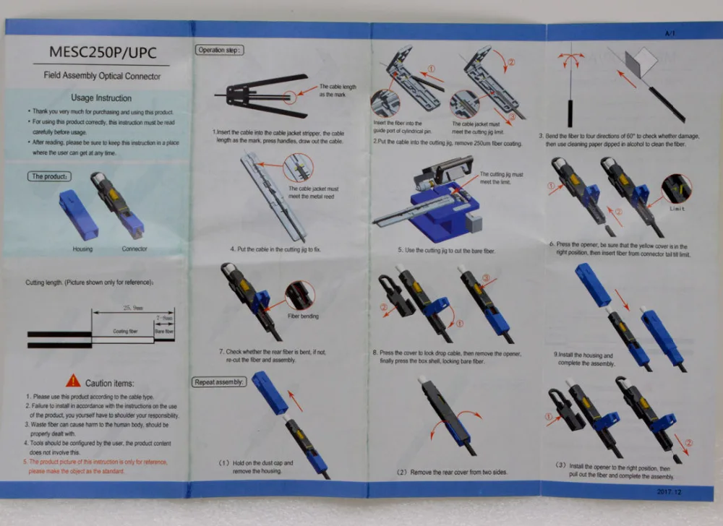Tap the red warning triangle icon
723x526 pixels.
coord(73,380)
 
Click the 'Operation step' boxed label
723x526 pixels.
coord(220,50)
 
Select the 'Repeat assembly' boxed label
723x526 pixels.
coord(220,381)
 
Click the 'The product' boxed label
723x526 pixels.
coord(49,176)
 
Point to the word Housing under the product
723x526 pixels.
coord(82,249)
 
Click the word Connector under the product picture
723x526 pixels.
coord(134,249)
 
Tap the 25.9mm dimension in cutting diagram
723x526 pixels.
coord(131,306)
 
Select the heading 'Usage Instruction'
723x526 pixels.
coord(101,98)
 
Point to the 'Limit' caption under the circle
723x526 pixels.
coord(677,209)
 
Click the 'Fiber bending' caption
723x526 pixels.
coord(304,316)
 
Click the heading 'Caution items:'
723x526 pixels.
coord(109,383)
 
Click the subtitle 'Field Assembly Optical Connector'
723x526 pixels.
coord(101,76)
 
